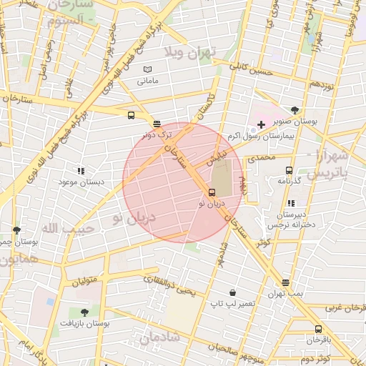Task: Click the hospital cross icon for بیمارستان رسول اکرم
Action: point(262,125)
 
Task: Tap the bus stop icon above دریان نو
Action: point(212,192)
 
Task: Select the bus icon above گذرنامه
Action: point(289,170)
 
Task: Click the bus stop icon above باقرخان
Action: point(318,329)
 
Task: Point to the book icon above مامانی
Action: point(148,69)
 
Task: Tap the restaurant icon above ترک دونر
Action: point(157,123)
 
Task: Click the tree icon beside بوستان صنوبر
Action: point(315,110)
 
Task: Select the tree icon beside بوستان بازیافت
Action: point(84,312)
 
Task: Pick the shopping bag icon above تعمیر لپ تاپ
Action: point(233,292)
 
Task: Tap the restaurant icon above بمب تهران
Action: point(286,282)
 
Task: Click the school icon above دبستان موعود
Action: point(80,171)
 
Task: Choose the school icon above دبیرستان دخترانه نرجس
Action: point(290,204)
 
